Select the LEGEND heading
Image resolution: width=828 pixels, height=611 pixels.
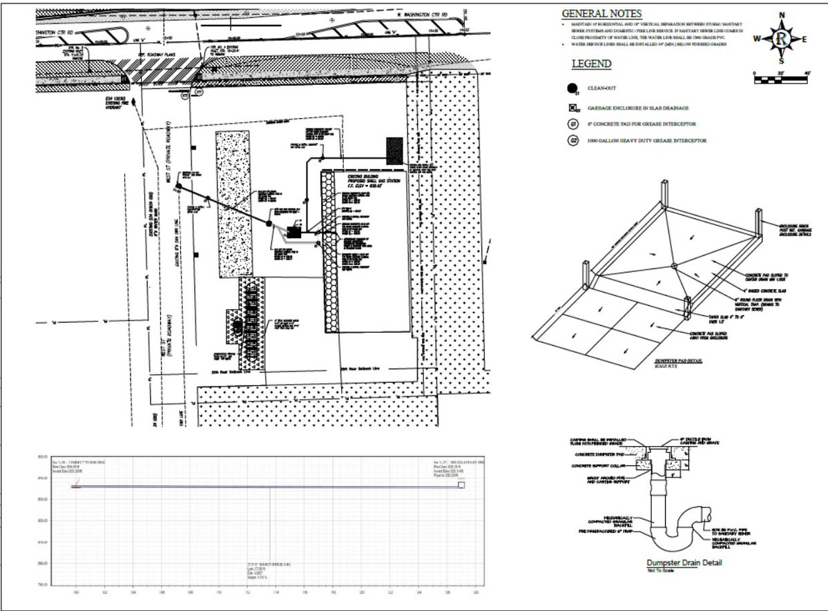(x=591, y=64)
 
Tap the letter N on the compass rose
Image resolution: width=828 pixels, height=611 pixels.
(x=782, y=15)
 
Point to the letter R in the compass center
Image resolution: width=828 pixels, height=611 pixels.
(x=781, y=39)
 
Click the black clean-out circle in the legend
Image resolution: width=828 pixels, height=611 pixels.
(x=573, y=88)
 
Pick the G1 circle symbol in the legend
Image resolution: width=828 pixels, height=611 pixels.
(x=573, y=124)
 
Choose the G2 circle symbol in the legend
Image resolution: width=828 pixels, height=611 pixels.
(x=573, y=141)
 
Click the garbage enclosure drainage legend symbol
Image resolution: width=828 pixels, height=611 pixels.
(x=573, y=108)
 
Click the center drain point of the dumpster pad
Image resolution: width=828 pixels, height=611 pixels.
(x=673, y=264)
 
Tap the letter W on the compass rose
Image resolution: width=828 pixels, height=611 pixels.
(x=758, y=39)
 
